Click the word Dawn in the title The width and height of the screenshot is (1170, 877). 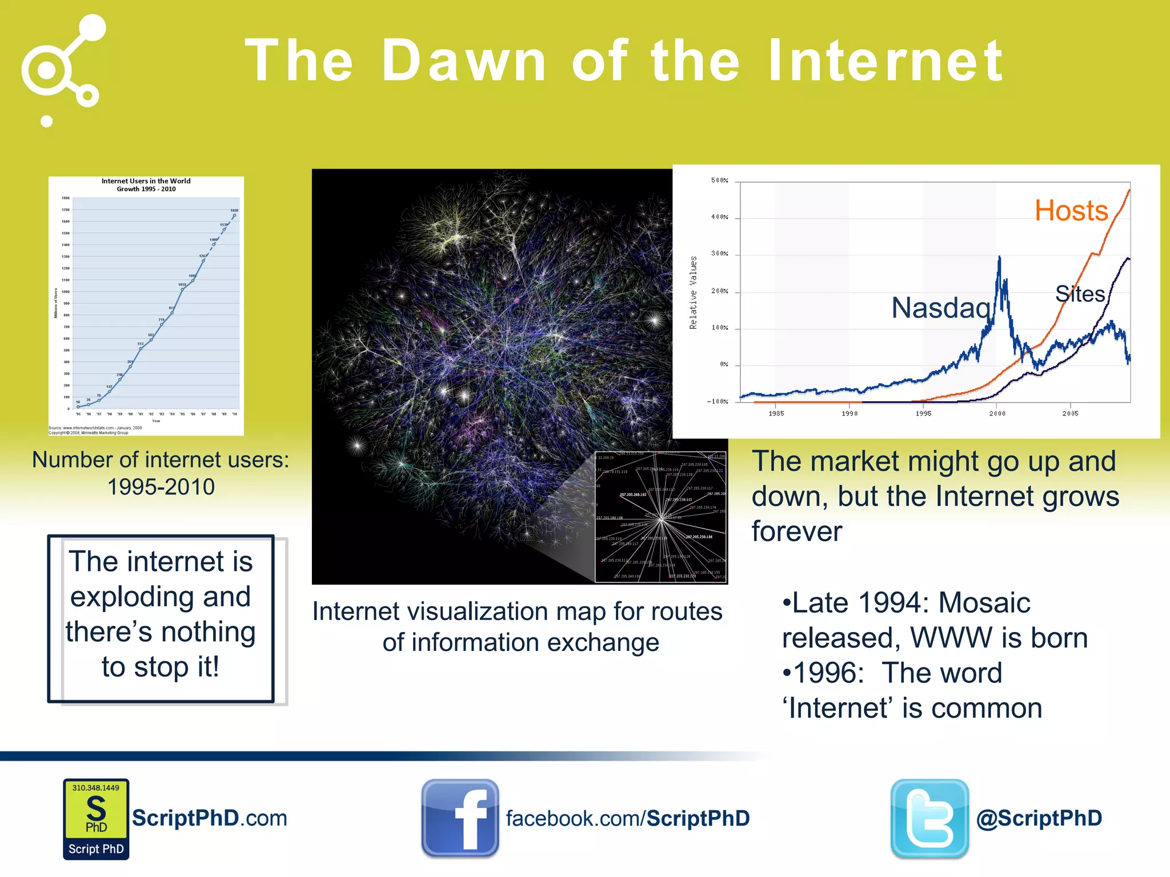[464, 61]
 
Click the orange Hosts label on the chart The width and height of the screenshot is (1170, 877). [1071, 211]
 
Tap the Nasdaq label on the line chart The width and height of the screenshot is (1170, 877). [941, 308]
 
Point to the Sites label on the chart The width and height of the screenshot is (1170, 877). [1080, 294]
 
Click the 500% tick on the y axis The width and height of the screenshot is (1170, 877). [719, 180]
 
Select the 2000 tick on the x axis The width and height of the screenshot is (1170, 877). [997, 413]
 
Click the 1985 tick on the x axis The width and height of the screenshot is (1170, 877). [776, 413]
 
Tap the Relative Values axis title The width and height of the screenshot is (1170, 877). [694, 292]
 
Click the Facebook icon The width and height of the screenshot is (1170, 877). [460, 818]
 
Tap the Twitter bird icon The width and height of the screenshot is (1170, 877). [929, 818]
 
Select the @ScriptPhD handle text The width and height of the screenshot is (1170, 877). [1039, 818]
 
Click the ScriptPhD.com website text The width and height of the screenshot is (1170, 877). [209, 818]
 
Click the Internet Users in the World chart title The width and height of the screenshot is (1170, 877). [146, 184]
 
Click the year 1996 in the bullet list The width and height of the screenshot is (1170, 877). [829, 673]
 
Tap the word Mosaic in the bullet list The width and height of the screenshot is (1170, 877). [984, 603]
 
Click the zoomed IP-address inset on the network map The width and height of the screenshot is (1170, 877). [660, 517]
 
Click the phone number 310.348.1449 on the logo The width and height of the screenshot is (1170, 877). [96, 788]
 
